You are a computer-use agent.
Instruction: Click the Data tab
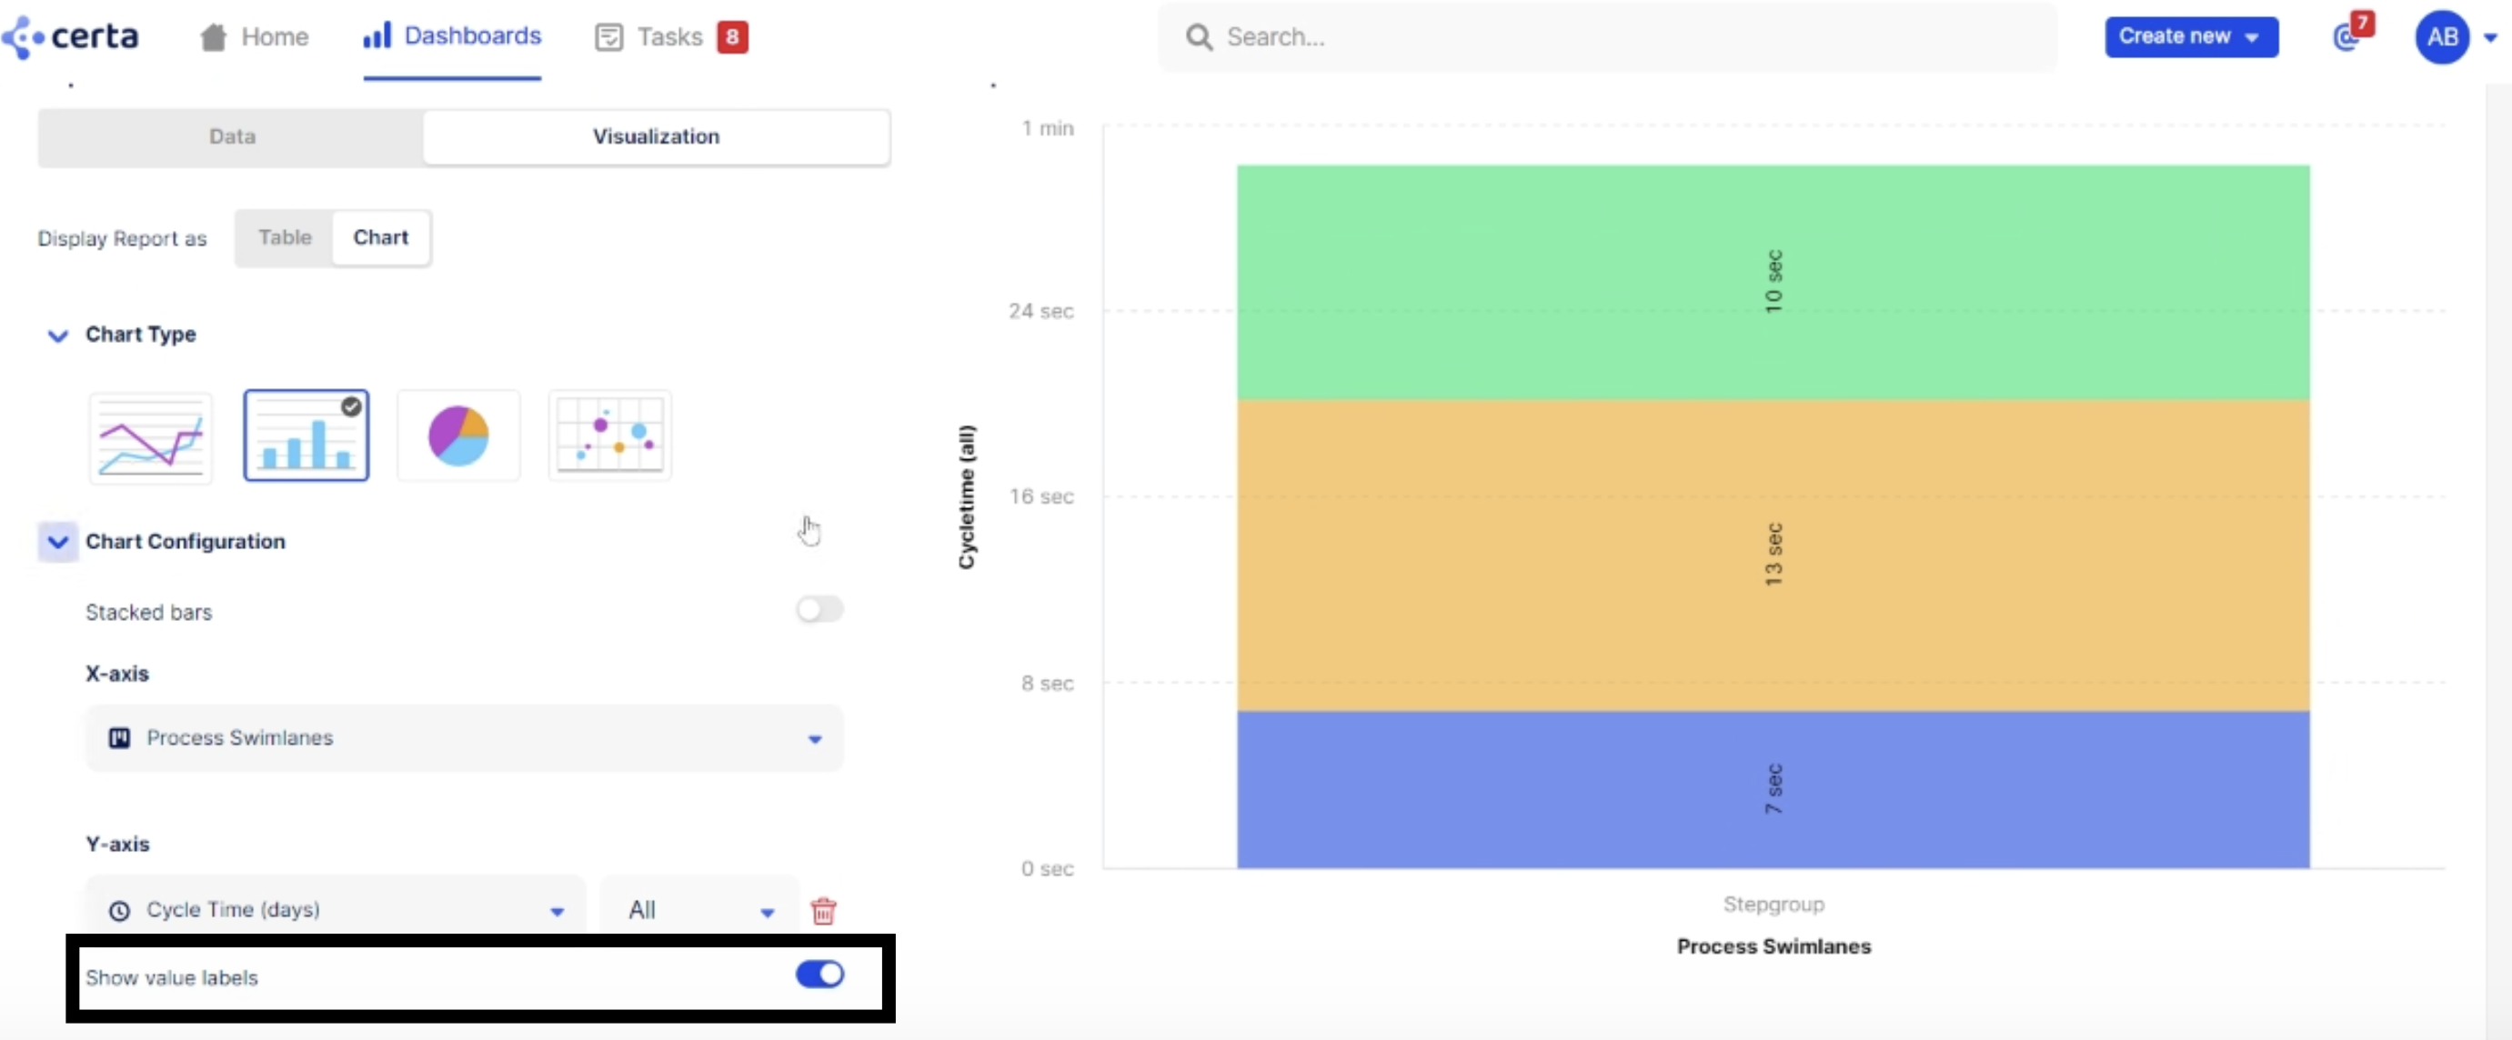(232, 136)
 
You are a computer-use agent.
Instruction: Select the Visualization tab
(656, 136)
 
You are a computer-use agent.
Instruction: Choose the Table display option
(285, 238)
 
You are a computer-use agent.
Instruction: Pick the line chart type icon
(150, 436)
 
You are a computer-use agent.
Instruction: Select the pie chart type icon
(458, 435)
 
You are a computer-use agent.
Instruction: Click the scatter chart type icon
(609, 435)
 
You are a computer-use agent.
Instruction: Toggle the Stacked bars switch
(819, 610)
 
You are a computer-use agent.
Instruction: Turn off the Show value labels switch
(819, 974)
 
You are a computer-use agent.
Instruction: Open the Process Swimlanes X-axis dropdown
(464, 738)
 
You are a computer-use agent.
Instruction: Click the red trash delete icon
(823, 910)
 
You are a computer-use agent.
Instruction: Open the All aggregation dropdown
(699, 910)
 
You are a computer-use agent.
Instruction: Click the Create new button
(2190, 37)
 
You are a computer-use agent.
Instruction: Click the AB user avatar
(2441, 37)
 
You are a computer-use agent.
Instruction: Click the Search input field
(1609, 37)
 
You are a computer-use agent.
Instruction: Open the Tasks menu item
(669, 37)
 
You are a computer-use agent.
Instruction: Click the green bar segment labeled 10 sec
(1772, 283)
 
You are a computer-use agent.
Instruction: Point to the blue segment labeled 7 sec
(1772, 789)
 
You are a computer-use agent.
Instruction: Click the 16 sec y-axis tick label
(1040, 496)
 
